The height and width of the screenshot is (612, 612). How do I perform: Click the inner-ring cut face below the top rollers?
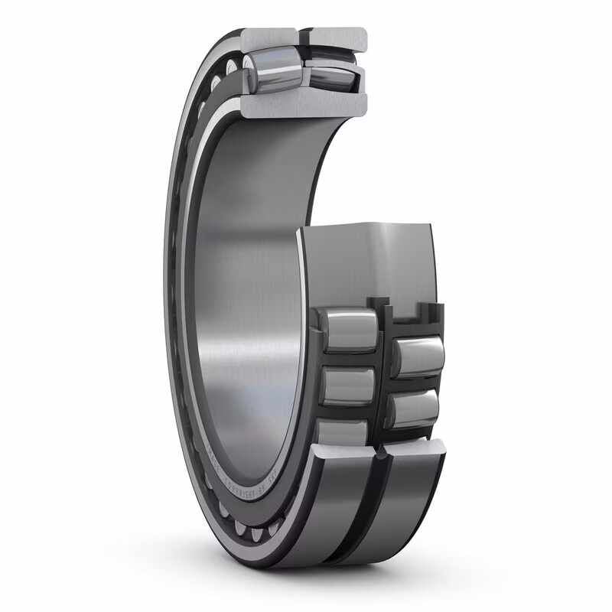[x=304, y=105]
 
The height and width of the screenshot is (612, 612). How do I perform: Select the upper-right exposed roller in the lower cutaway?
[x=418, y=356]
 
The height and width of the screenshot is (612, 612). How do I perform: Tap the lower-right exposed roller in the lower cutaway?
[x=414, y=409]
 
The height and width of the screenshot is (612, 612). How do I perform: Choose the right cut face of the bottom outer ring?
[x=416, y=451]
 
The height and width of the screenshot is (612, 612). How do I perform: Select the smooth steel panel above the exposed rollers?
[x=367, y=260]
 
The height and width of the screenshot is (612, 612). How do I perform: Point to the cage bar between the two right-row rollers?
[x=417, y=383]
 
